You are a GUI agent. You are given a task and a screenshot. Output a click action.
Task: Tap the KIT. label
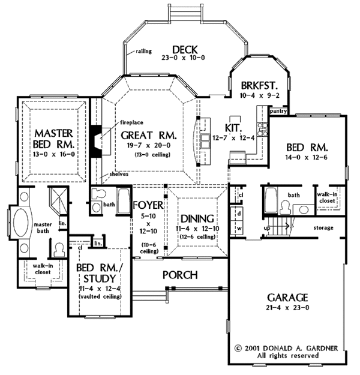(x=232, y=128)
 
